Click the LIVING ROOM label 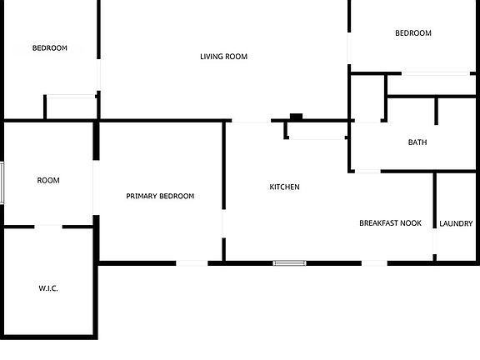click(224, 57)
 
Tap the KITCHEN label click(284, 187)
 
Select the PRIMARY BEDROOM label click(160, 196)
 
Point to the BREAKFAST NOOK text click(390, 223)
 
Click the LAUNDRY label click(456, 224)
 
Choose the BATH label click(417, 142)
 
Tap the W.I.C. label click(48, 288)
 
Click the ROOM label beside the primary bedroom click(48, 181)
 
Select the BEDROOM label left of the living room click(50, 48)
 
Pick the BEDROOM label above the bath click(413, 33)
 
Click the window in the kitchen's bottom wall click(290, 263)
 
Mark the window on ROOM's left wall click(2, 183)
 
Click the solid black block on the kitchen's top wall click(296, 117)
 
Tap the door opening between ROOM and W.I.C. click(48, 227)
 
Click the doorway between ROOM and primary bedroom click(96, 187)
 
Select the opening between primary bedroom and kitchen click(224, 224)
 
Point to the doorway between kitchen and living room click(252, 121)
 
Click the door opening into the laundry click(435, 241)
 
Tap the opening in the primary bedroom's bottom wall click(192, 263)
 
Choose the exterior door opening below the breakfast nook click(374, 263)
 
